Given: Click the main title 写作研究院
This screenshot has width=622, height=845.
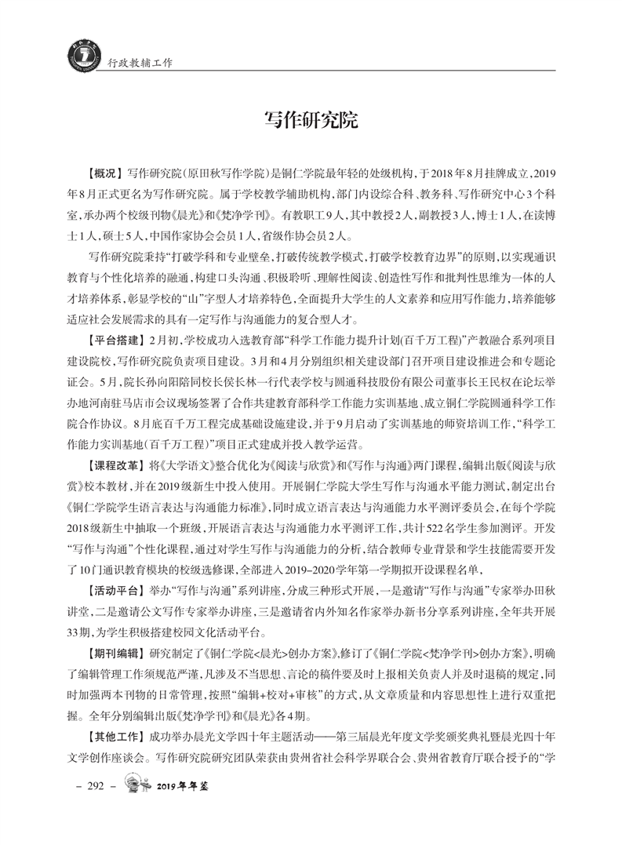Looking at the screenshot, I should [x=311, y=120].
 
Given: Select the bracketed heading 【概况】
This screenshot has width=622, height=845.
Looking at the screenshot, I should [x=104, y=171].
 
